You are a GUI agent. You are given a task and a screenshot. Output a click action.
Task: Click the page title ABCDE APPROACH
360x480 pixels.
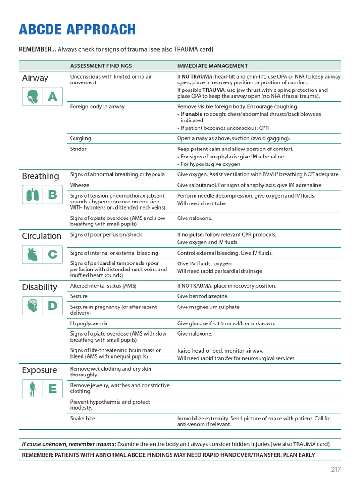[x=77, y=30]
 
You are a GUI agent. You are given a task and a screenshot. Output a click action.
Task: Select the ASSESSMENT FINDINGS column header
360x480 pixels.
[x=101, y=66]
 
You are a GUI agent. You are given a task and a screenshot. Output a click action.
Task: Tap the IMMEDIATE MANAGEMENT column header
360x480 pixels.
[x=212, y=66]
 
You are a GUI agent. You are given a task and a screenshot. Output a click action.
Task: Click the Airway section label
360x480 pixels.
[x=35, y=78]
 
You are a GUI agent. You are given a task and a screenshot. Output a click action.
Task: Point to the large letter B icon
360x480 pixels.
[x=52, y=195]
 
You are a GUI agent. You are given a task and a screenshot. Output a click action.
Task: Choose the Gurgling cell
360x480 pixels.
[x=81, y=138]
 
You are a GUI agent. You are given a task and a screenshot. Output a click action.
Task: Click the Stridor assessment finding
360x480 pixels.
[x=78, y=149]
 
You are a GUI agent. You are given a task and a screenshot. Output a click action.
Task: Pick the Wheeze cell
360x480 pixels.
[x=80, y=185]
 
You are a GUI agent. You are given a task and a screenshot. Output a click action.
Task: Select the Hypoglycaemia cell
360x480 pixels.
[x=89, y=323]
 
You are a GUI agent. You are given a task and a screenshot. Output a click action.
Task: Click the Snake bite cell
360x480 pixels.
[x=82, y=418]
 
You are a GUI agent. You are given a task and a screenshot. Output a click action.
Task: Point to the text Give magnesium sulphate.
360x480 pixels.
[x=209, y=307]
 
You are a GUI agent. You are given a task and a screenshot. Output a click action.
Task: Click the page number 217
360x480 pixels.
[x=336, y=469]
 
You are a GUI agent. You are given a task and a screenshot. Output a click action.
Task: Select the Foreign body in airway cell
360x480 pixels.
[x=97, y=106]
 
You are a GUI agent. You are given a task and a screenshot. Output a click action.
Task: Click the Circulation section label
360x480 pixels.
[x=42, y=236]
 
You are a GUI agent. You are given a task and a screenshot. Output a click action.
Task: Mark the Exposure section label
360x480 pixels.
[x=39, y=370]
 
